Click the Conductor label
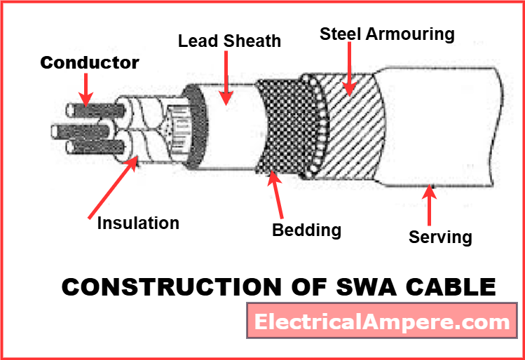click(89, 62)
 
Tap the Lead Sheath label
click(229, 41)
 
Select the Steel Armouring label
click(387, 34)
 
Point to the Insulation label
click(138, 223)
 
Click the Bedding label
click(306, 230)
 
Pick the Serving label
click(440, 237)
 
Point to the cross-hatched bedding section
click(280, 126)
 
